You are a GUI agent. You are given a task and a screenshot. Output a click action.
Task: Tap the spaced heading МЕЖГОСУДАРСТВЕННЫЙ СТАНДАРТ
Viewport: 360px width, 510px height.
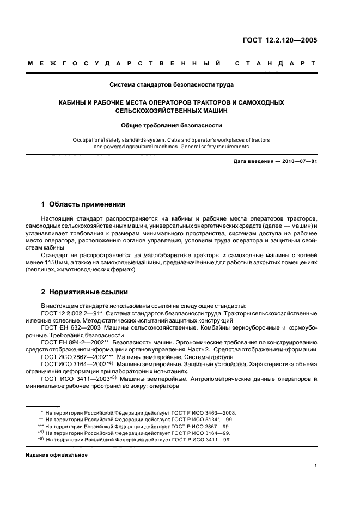pos(172,64)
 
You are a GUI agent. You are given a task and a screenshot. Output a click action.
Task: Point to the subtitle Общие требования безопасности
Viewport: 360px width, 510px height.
pos(172,125)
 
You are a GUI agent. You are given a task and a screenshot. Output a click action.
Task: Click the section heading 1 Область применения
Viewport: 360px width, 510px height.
pos(83,204)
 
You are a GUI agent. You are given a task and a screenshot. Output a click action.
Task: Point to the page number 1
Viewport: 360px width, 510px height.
pos(316,465)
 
